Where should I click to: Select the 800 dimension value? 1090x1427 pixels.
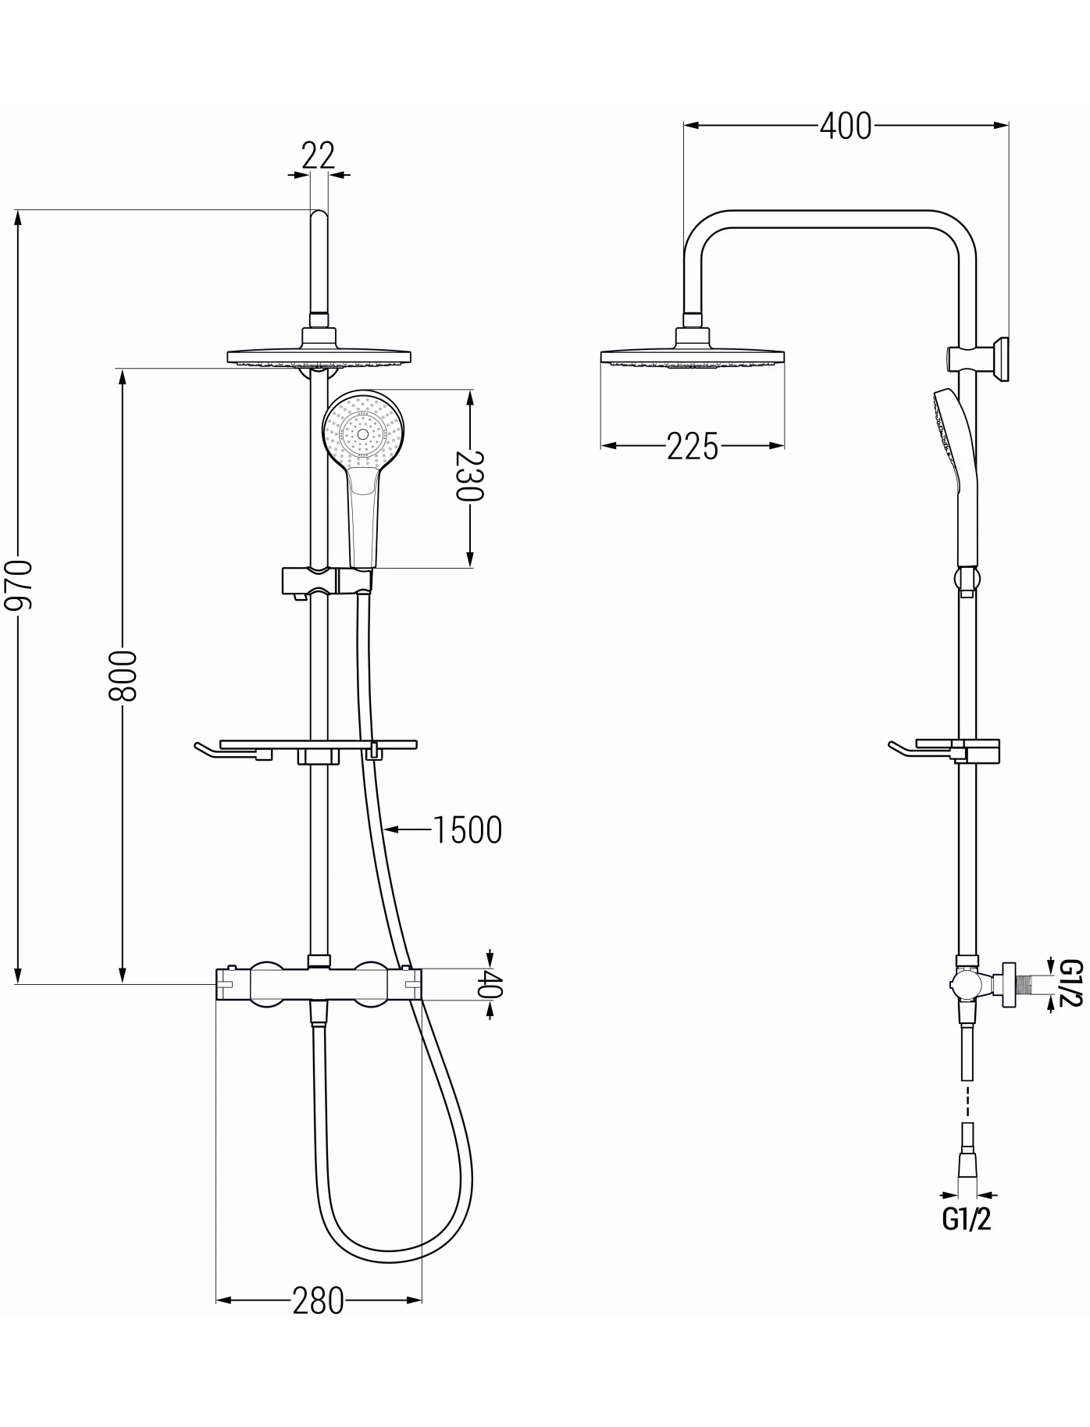[x=123, y=675]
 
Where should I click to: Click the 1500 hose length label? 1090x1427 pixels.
[x=468, y=830]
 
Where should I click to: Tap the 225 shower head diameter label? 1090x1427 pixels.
[x=693, y=446]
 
